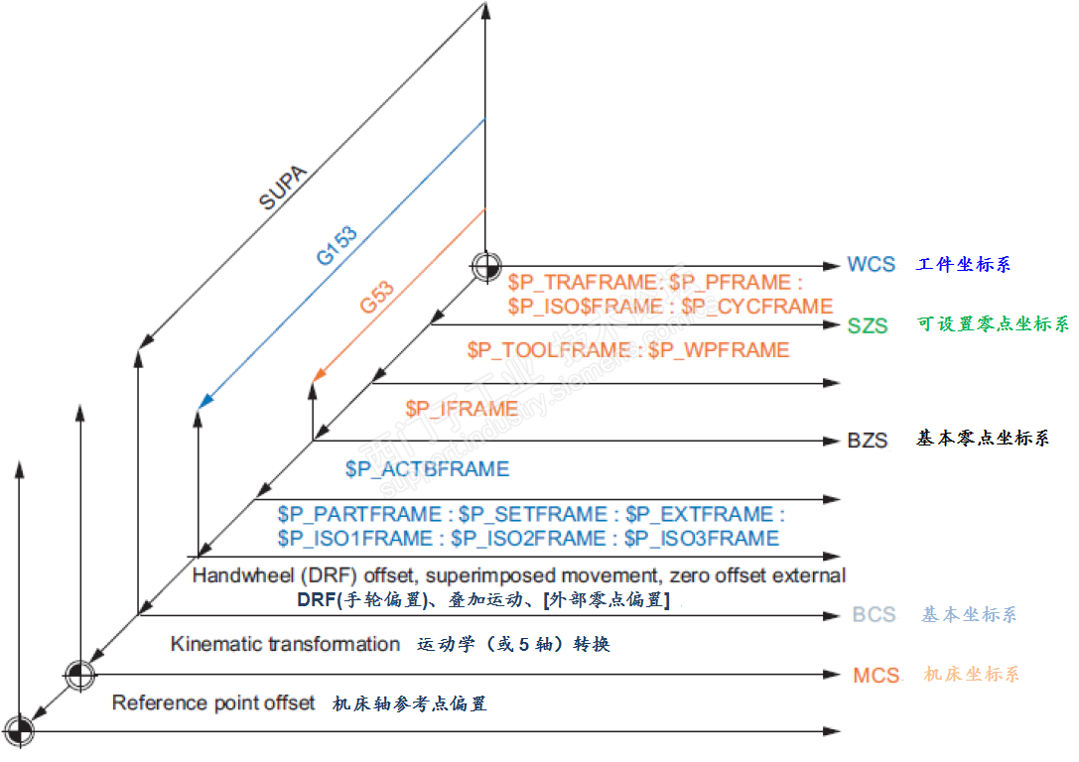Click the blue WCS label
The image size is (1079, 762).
[x=871, y=265]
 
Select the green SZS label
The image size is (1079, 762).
[x=868, y=325]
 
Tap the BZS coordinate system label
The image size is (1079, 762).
[x=867, y=440]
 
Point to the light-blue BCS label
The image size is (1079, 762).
[x=874, y=615]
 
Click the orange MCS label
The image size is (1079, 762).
[x=876, y=676]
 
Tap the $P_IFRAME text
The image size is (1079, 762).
[x=462, y=409]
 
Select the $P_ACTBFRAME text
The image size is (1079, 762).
[x=427, y=469]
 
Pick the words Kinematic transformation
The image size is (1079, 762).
[x=285, y=644]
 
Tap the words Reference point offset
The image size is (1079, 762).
[x=213, y=703]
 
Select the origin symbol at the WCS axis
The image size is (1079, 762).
[x=486, y=266]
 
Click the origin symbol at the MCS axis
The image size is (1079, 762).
[x=79, y=675]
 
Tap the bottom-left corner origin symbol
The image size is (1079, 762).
[x=19, y=732]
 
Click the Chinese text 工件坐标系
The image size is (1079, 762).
[x=964, y=265]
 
